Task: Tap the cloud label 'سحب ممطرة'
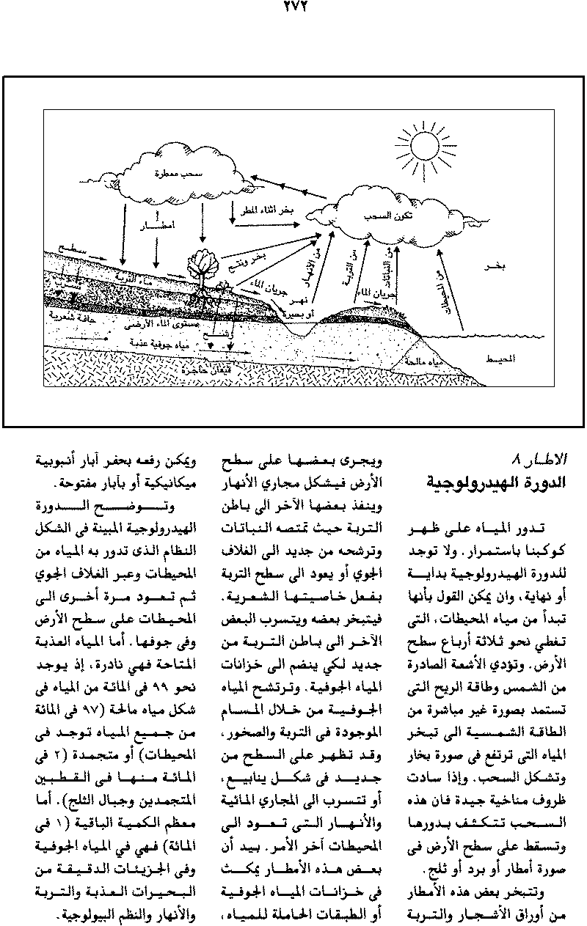click(169, 175)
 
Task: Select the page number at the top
click(293, 10)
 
